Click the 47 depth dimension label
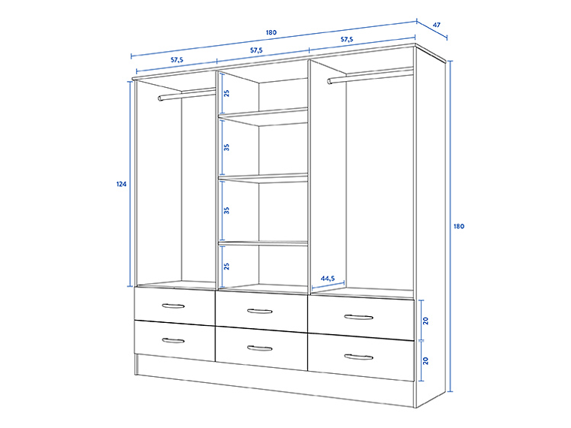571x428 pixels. tap(437, 26)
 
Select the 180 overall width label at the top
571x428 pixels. tap(271, 32)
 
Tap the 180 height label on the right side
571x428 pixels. tap(459, 226)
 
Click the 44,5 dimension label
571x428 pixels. tap(328, 279)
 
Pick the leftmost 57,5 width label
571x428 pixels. tap(177, 59)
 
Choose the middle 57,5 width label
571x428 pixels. tap(256, 50)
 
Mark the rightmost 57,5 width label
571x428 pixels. tap(347, 39)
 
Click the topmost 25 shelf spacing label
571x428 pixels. tap(226, 93)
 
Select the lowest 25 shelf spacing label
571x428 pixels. tap(226, 266)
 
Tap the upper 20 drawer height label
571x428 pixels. tap(426, 320)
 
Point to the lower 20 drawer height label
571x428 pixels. tap(426, 360)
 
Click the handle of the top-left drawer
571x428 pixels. tap(173, 305)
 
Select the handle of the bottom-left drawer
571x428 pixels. tap(173, 340)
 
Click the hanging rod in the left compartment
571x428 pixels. tap(186, 94)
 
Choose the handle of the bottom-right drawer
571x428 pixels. tap(358, 357)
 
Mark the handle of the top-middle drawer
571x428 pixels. tap(260, 310)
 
